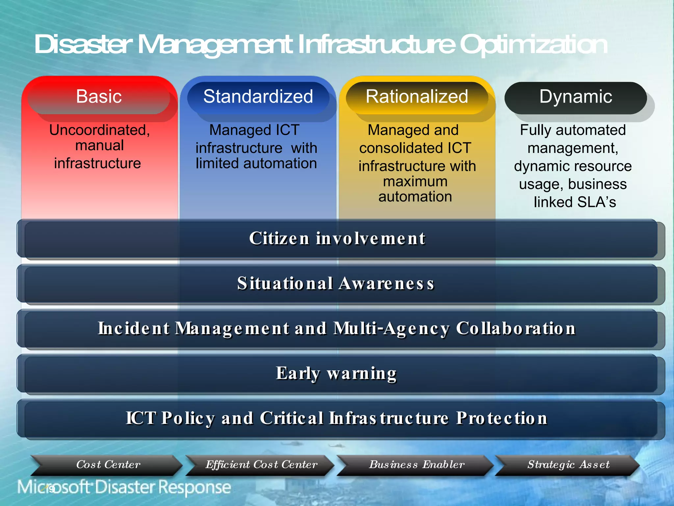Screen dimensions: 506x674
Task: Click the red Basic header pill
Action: (x=99, y=97)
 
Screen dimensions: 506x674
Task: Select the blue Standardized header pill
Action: (x=258, y=97)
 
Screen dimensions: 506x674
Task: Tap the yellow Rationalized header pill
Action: (x=417, y=97)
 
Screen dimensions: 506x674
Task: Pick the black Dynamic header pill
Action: (x=575, y=97)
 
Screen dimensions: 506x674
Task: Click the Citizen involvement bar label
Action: (x=337, y=239)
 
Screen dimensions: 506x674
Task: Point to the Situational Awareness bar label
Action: (x=336, y=283)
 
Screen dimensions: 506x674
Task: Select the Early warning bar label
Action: (x=336, y=374)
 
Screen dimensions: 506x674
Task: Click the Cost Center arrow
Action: (x=108, y=465)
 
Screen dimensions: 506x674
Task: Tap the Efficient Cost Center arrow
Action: (x=261, y=465)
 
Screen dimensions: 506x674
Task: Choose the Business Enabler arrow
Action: (x=417, y=465)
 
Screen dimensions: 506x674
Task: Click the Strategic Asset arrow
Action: (x=568, y=465)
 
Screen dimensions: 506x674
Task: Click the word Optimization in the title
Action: (x=533, y=45)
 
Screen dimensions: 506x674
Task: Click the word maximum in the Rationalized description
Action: (x=415, y=182)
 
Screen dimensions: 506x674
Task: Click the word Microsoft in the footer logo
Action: (x=54, y=487)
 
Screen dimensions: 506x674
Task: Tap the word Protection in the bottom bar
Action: (x=502, y=418)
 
